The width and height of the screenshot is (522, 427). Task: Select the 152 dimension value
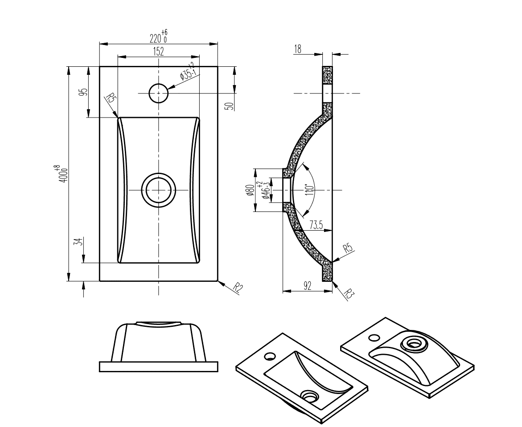tap(158, 51)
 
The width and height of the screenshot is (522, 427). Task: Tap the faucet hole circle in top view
tap(158, 93)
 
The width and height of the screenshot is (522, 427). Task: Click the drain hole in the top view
tap(158, 190)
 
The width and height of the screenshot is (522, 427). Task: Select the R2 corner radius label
tap(238, 288)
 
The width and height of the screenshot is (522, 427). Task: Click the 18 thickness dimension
tap(298, 49)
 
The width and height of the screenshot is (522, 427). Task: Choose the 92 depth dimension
tap(307, 286)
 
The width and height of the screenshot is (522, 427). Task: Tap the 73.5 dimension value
tap(316, 225)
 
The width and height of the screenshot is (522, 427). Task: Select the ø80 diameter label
tap(251, 191)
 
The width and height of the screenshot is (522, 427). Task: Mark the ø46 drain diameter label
tap(267, 191)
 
